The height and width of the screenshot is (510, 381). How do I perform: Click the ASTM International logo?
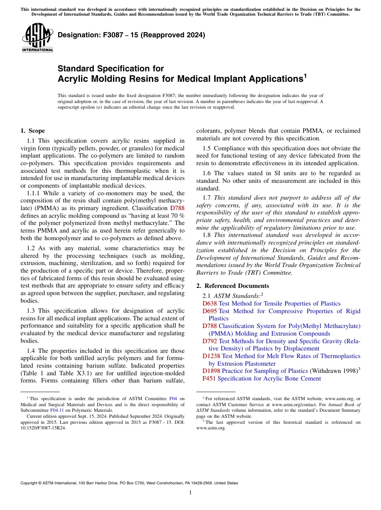37,38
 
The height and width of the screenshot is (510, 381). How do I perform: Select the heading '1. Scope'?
32,131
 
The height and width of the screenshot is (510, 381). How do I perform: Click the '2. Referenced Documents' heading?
232,286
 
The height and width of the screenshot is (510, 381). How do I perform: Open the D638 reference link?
209,304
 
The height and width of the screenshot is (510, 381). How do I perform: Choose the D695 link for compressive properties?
209,311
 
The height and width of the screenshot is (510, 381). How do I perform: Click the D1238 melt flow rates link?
211,356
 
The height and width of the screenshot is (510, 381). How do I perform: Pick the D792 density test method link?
209,341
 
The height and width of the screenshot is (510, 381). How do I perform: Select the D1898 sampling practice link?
211,371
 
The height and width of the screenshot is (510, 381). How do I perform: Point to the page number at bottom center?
190,493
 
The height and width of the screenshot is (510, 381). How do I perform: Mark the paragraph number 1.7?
206,198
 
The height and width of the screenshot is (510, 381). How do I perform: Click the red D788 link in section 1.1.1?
177,208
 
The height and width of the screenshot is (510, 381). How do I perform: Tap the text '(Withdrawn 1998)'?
333,371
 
